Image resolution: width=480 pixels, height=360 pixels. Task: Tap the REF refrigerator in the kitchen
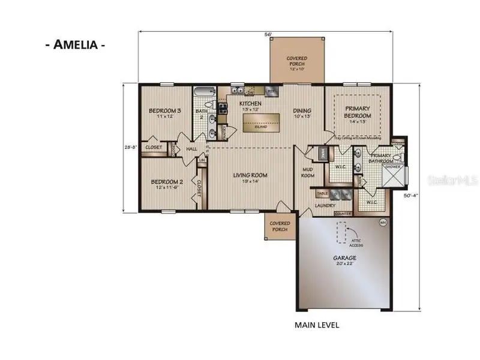tap(271, 92)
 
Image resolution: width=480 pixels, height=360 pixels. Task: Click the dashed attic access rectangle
tap(343, 233)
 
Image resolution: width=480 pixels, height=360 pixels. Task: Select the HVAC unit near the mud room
tap(323, 155)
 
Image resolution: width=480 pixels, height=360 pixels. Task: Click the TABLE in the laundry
tap(322, 194)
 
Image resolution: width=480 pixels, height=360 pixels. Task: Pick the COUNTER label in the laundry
tap(343, 213)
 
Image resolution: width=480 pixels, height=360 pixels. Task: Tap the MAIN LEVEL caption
tap(317, 325)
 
